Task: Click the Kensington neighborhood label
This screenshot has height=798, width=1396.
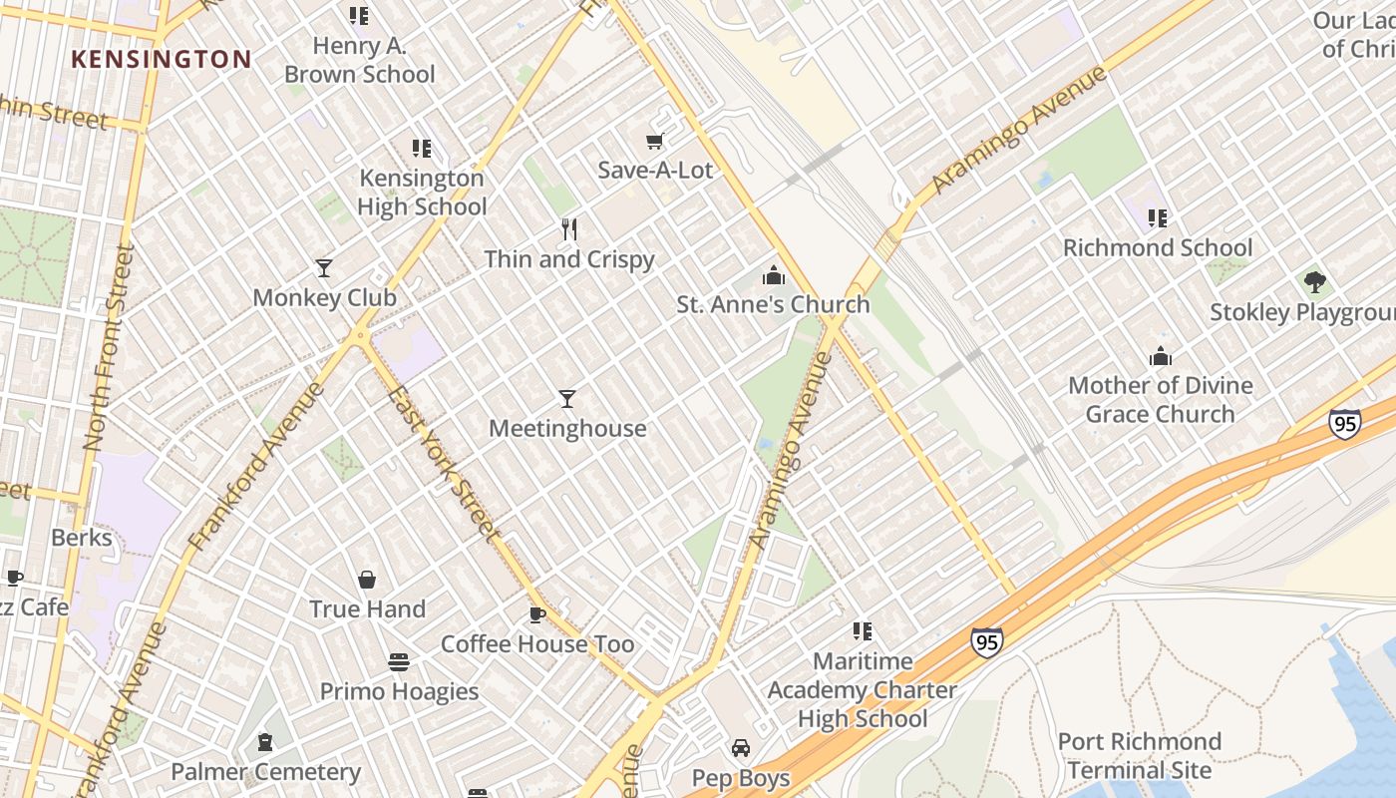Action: click(x=161, y=59)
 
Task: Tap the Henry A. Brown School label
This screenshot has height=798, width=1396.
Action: click(x=360, y=60)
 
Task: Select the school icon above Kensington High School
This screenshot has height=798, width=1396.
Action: click(x=422, y=149)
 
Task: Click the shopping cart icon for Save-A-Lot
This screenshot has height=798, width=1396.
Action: click(x=655, y=142)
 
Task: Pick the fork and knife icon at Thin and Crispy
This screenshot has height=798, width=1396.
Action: click(x=569, y=229)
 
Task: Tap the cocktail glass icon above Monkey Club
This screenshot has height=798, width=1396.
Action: click(x=324, y=267)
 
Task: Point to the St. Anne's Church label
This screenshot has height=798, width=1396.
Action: click(x=773, y=304)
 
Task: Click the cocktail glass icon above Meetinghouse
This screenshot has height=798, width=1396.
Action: click(x=567, y=399)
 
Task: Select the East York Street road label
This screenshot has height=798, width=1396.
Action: click(x=443, y=463)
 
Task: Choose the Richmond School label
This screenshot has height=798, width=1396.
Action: click(x=1157, y=247)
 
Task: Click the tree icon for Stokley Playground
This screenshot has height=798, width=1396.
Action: click(x=1315, y=282)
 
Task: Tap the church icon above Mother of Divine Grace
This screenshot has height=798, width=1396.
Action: click(x=1161, y=356)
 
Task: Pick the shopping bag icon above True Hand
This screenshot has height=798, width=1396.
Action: click(x=367, y=580)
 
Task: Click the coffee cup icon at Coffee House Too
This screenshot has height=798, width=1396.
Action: click(x=537, y=614)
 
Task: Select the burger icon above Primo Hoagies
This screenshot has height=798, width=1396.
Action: click(x=399, y=662)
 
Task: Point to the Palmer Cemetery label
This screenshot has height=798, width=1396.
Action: click(x=265, y=771)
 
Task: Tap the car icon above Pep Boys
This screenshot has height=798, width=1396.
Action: click(x=741, y=748)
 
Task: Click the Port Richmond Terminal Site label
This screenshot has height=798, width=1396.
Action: click(x=1139, y=756)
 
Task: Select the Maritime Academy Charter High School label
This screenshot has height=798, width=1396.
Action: click(x=863, y=689)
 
